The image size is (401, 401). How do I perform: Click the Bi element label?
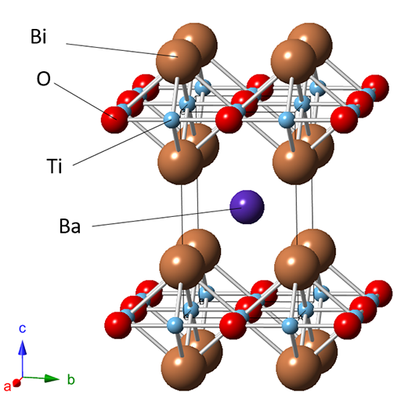pyautogui.click(x=38, y=36)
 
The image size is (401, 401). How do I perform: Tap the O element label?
pyautogui.click(x=43, y=78)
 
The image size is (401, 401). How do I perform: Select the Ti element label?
pyautogui.click(x=54, y=165)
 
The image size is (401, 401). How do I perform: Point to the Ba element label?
pyautogui.click(x=70, y=226)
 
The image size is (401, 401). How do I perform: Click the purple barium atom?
pyautogui.click(x=247, y=207)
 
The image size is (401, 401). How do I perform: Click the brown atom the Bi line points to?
pyautogui.click(x=179, y=62)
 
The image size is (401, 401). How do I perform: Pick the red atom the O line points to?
pyautogui.click(x=114, y=120)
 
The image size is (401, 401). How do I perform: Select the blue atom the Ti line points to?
pyautogui.click(x=172, y=120)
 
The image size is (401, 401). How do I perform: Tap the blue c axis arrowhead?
pyautogui.click(x=23, y=347)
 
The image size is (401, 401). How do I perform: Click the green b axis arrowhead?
pyautogui.click(x=52, y=378)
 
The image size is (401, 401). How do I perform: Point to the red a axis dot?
pyautogui.click(x=16, y=383)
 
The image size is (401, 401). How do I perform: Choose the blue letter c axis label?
pyautogui.click(x=23, y=329)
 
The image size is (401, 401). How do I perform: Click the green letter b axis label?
pyautogui.click(x=71, y=379)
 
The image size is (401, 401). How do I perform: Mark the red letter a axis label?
pyautogui.click(x=7, y=386)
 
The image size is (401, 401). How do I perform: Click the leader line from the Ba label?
pyautogui.click(x=167, y=217)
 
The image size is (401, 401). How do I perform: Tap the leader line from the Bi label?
pyautogui.click(x=122, y=50)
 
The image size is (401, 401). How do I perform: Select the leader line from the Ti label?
pyautogui.click(x=122, y=143)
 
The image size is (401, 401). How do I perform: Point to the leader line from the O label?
pyautogui.click(x=85, y=101)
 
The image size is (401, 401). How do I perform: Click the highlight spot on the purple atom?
pyautogui.click(x=243, y=202)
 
